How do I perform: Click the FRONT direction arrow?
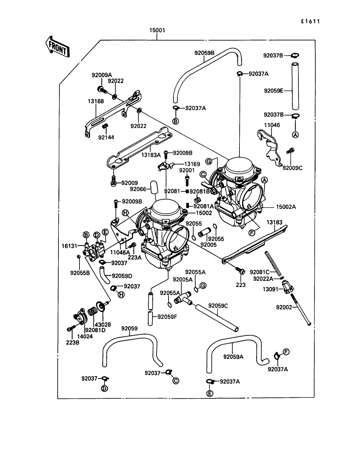point(57,47)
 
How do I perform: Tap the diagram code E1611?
point(310,21)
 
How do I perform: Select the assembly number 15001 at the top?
point(157,30)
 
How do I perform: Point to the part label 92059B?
point(204,53)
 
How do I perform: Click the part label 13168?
point(96,101)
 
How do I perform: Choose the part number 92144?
point(106,137)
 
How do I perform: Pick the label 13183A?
point(151,155)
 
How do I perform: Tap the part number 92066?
point(138,189)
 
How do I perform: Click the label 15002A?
point(286,207)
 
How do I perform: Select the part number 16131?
point(69,246)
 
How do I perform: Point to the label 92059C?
point(218,306)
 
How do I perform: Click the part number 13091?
point(270,289)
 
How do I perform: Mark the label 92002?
point(284,307)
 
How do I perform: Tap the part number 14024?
point(85,336)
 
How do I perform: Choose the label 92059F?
point(167,317)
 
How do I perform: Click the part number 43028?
point(103,325)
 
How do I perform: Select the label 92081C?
point(259,272)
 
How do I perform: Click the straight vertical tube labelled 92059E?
point(295,86)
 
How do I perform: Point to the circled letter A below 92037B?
point(295,135)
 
